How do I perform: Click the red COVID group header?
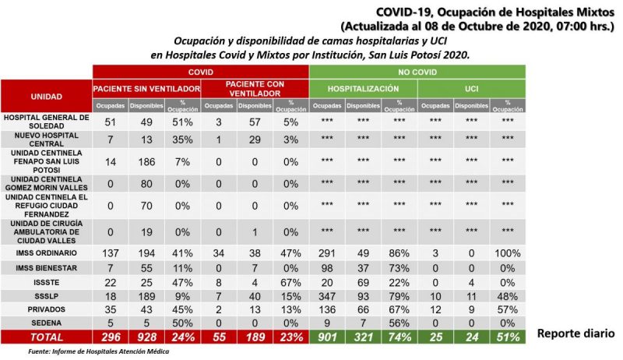pyautogui.click(x=201, y=72)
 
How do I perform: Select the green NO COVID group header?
pyautogui.click(x=417, y=72)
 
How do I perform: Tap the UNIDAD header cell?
pyautogui.click(x=47, y=96)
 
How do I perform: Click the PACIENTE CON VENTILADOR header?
pyautogui.click(x=255, y=89)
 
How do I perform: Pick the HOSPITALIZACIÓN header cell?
pyautogui.click(x=363, y=89)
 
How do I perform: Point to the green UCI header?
pyautogui.click(x=472, y=89)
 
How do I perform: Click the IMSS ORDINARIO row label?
pyautogui.click(x=47, y=253)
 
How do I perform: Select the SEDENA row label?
pyautogui.click(x=47, y=323)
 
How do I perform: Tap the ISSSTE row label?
pyautogui.click(x=47, y=283)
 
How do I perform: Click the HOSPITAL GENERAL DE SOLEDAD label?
pyautogui.click(x=47, y=122)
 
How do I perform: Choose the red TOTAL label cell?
pyautogui.click(x=47, y=337)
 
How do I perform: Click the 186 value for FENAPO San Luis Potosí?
pyautogui.click(x=146, y=162)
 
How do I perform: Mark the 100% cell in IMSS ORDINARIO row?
pyautogui.click(x=508, y=253)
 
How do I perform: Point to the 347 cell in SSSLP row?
pyautogui.click(x=327, y=296)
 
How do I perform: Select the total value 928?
pyautogui.click(x=146, y=337)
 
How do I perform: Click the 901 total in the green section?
pyautogui.click(x=327, y=337)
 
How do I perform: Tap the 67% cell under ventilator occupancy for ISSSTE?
pyautogui.click(x=290, y=283)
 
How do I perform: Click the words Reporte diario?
pyautogui.click(x=575, y=334)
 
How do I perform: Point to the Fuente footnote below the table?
pyautogui.click(x=99, y=351)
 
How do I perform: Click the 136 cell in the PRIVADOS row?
pyautogui.click(x=327, y=309)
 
